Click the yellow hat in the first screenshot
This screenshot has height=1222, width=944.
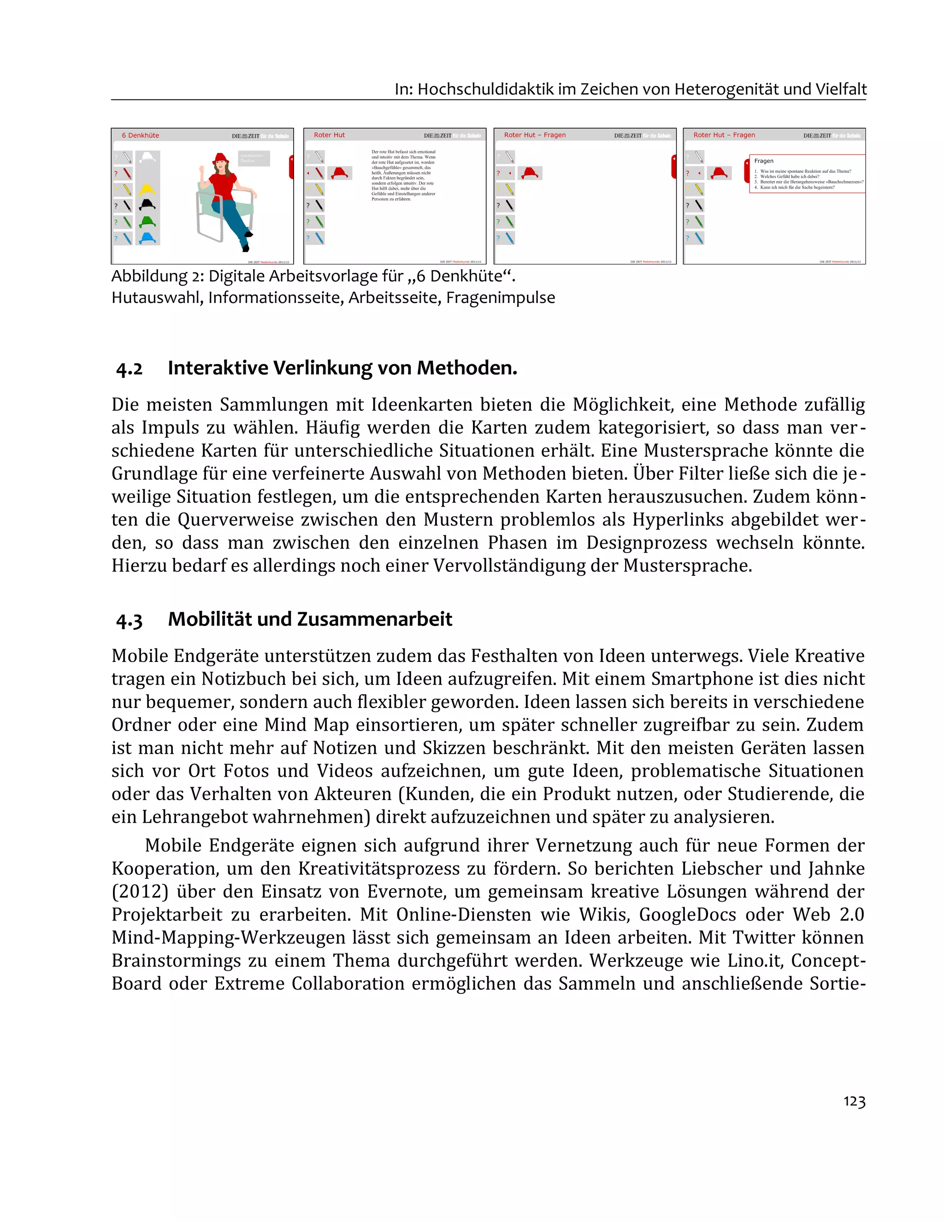coord(147,189)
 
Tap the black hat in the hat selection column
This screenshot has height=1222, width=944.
coord(147,205)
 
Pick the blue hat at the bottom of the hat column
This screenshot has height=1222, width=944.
coord(147,238)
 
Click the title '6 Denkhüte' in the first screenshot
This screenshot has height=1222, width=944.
coord(141,136)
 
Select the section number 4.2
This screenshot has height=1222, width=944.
coord(129,369)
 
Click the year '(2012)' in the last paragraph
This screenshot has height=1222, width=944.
coord(140,891)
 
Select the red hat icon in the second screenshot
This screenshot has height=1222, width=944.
coord(339,172)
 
